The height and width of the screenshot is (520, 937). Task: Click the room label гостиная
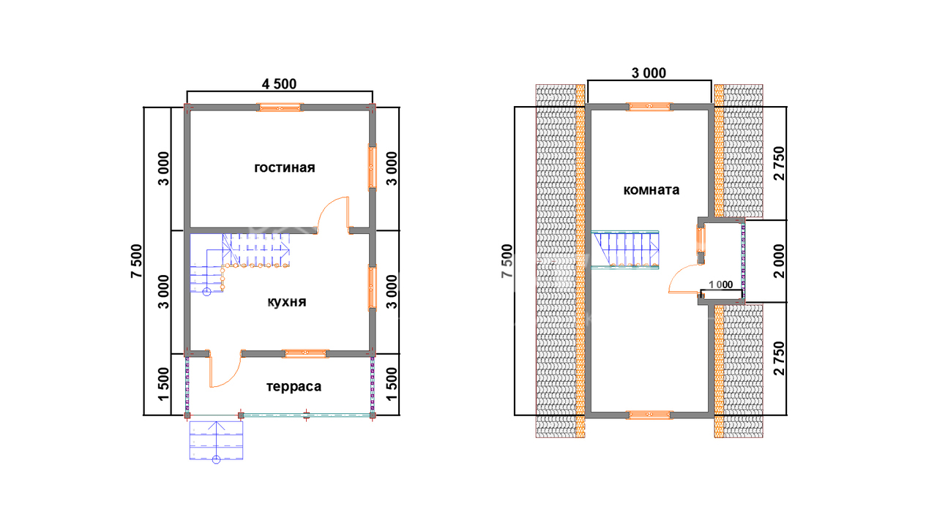285,167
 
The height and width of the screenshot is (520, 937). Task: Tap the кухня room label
286,301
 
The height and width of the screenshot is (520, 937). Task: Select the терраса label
294,387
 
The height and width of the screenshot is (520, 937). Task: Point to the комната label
652,190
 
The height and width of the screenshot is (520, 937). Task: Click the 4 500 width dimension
279,84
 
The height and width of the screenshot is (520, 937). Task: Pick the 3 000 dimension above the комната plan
649,73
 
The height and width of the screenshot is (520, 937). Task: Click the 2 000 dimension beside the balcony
780,261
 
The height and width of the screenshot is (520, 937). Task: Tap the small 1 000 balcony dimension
721,285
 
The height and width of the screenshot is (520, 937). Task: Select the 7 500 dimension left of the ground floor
137,261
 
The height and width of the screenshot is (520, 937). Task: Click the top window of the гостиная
280,108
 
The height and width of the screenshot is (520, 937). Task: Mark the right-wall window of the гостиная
373,167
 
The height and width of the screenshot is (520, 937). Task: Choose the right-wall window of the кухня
373,287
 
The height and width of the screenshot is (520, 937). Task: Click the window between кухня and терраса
305,354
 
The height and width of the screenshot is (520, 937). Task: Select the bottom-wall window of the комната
649,415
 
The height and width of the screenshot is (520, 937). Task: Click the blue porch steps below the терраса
216,440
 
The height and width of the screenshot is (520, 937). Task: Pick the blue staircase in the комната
625,249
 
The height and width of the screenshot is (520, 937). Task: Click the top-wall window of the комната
649,107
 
